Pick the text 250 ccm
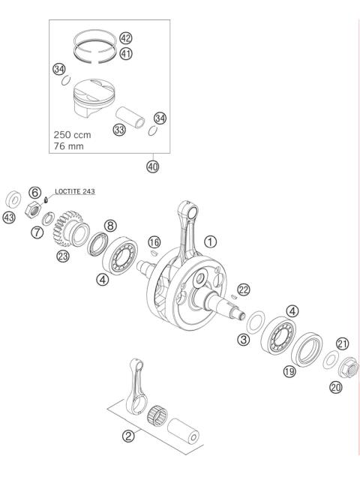click(73, 135)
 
